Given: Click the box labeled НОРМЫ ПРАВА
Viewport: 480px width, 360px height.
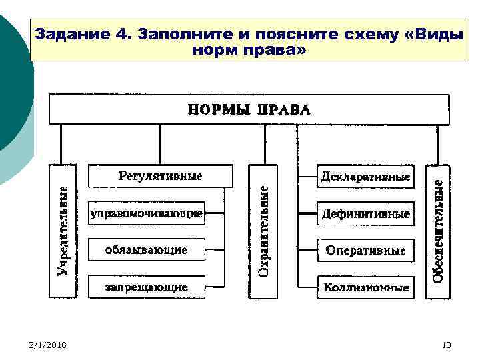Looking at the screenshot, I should click(249, 109).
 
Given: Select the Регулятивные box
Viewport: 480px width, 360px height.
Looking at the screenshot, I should click(161, 177).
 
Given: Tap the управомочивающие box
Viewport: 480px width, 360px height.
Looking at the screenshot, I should click(146, 214).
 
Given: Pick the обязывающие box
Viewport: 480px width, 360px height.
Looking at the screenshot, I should click(146, 251).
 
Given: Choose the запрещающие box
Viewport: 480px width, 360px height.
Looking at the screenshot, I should click(146, 287).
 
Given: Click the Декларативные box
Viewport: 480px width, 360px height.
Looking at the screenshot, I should click(365, 177).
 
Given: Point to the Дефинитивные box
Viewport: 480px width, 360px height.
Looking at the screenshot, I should click(365, 214).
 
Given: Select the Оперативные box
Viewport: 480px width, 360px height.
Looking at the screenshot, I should click(365, 251).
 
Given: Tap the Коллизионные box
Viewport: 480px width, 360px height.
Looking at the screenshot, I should click(365, 287).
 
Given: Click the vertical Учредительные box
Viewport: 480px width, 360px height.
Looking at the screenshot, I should click(63, 230).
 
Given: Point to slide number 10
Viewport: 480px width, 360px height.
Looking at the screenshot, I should click(446, 344).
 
